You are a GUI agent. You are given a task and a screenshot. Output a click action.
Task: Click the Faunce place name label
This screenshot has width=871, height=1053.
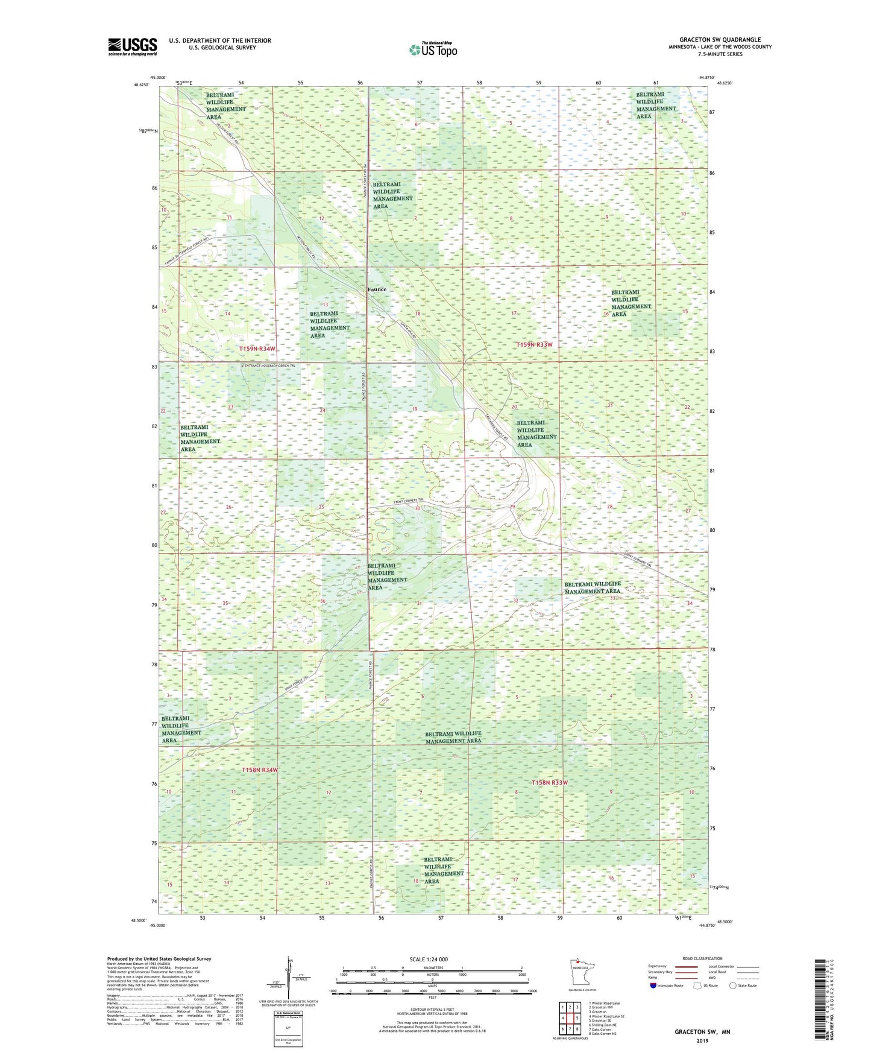[x=377, y=289]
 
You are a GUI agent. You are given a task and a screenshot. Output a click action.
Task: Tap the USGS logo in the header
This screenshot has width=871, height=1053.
[x=132, y=46]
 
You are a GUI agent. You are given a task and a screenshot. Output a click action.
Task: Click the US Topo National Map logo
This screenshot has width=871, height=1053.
[x=433, y=49]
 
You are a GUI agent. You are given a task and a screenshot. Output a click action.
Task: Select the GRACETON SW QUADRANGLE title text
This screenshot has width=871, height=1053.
[x=720, y=40]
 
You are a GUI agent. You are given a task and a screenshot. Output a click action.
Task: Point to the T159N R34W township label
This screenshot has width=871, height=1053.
[x=257, y=349]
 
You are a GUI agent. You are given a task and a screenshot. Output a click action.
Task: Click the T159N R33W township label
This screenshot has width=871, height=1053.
[x=534, y=344]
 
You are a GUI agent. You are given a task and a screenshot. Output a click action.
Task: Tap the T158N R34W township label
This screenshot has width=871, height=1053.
[x=260, y=770]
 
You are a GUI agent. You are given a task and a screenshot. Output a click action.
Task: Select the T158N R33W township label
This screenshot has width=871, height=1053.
[x=549, y=782]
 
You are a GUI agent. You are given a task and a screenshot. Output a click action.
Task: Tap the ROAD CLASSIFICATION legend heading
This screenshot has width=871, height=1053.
[x=702, y=958]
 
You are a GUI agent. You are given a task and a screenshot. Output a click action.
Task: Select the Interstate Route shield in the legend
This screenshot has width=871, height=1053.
[x=655, y=985]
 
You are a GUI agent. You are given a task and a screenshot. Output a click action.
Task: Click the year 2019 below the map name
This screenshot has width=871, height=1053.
[x=702, y=1041]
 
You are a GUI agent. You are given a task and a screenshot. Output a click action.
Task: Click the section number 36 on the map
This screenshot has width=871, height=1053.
[x=322, y=601]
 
